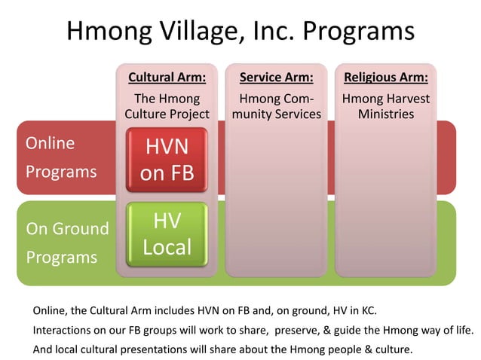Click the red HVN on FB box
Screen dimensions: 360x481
pyautogui.click(x=167, y=160)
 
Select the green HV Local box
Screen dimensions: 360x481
pyautogui.click(x=167, y=233)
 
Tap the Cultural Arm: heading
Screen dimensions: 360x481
pyautogui.click(x=167, y=78)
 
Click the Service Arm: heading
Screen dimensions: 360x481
pyautogui.click(x=276, y=78)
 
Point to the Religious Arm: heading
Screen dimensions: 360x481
pyautogui.click(x=386, y=78)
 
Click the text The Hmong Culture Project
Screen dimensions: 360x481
pyautogui.click(x=167, y=106)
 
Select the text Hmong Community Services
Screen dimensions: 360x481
pyautogui.click(x=276, y=106)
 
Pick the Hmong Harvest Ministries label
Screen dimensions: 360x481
pyautogui.click(x=386, y=106)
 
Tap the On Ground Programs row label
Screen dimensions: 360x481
pyautogui.click(x=67, y=242)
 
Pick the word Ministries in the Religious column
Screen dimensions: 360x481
pyautogui.click(x=387, y=114)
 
